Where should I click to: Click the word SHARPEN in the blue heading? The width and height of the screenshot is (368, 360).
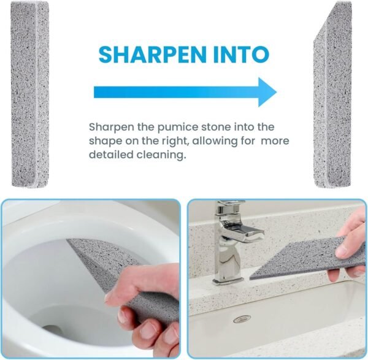(150, 54)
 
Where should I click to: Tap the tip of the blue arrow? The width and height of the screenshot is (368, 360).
(274, 92)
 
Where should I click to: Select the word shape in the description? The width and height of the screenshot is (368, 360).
(104, 142)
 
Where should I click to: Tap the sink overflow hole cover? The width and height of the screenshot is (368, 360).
(242, 319)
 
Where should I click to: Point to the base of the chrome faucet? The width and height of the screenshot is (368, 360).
(227, 280)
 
